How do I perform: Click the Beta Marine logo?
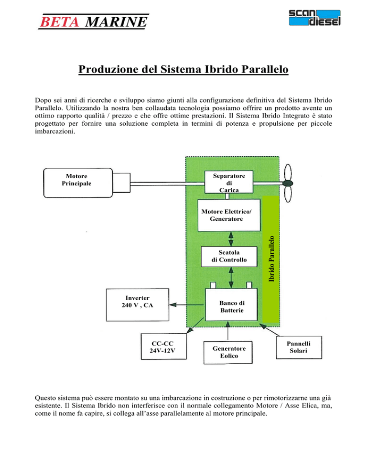[x=93, y=22]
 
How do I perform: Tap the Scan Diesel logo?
[x=314, y=18]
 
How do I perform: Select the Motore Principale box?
[x=78, y=183]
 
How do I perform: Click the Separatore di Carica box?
[x=229, y=182]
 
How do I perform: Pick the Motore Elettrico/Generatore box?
[x=229, y=215]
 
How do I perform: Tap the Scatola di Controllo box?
[x=229, y=257]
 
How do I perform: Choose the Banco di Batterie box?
[x=231, y=305]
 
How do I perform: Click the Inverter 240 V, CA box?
[x=138, y=305]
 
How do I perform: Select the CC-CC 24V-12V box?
[x=164, y=346]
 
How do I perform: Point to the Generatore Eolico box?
[x=228, y=353]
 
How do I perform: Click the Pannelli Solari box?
[x=299, y=347]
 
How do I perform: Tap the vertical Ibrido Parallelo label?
[x=271, y=259]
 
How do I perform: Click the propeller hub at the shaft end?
[x=288, y=184]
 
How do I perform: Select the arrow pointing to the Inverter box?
[x=186, y=305]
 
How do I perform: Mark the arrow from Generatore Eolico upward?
[x=228, y=331]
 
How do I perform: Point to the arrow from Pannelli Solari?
[x=270, y=330]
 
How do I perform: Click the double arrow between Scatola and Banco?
[x=231, y=278]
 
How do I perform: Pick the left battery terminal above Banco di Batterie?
[x=213, y=285]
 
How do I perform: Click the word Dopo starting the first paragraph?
[x=43, y=100]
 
